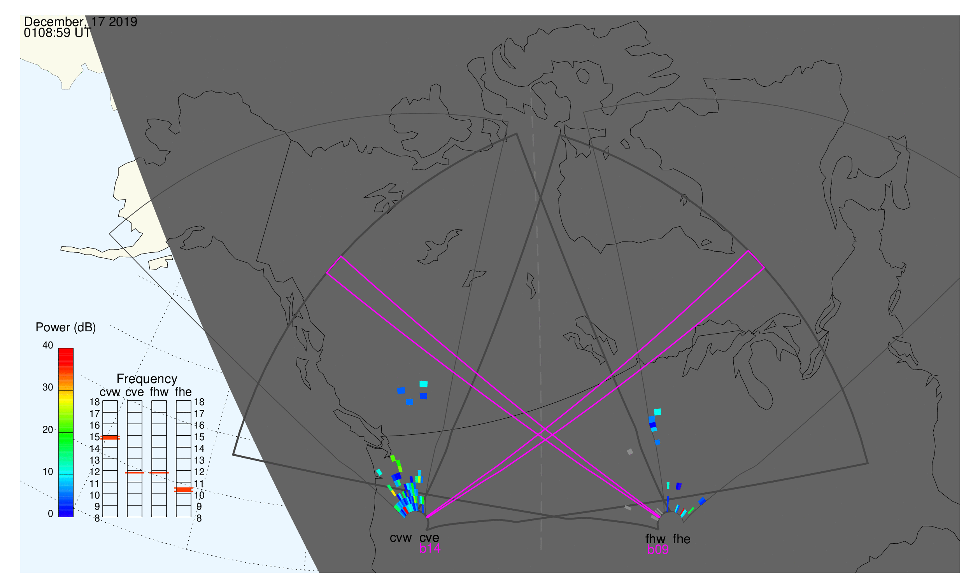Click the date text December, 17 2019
[80, 22]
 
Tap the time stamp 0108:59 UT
[57, 33]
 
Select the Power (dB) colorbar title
[66, 327]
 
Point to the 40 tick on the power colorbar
[48, 345]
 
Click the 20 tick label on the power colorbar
[48, 429]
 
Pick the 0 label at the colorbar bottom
[50, 514]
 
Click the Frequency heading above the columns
[147, 379]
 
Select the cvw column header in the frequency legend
[110, 392]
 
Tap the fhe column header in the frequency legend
[183, 392]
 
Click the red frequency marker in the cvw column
[110, 438]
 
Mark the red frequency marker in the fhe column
[183, 490]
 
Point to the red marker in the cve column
[135, 473]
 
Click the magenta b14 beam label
[430, 549]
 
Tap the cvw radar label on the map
[400, 538]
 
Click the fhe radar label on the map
[682, 539]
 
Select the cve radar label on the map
[429, 538]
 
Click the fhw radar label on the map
[655, 539]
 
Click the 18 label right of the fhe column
[199, 402]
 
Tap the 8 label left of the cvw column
[97, 519]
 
